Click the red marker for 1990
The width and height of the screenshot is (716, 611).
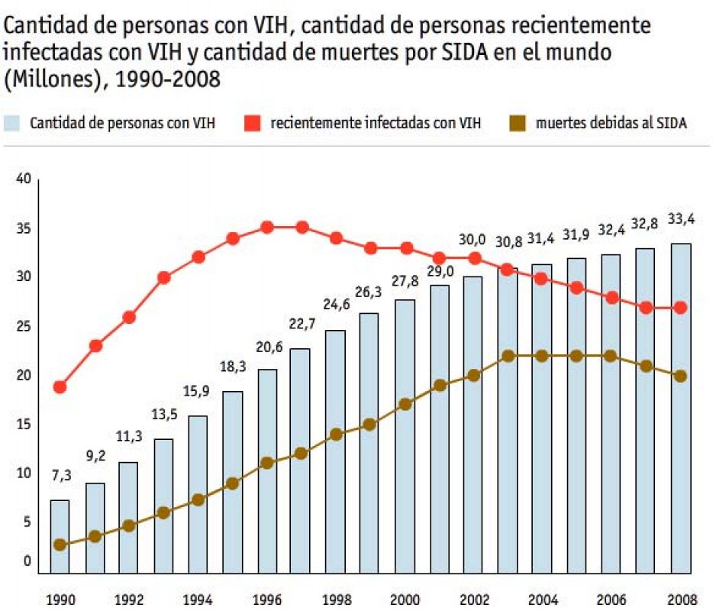60,387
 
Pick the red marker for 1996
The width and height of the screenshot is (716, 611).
267,228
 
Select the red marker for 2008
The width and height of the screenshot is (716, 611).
681,307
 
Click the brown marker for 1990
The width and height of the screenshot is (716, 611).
60,545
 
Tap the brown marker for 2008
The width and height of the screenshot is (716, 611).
681,376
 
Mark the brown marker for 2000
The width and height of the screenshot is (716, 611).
405,404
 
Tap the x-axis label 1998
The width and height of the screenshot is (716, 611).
336,600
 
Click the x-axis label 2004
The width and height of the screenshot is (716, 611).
543,600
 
